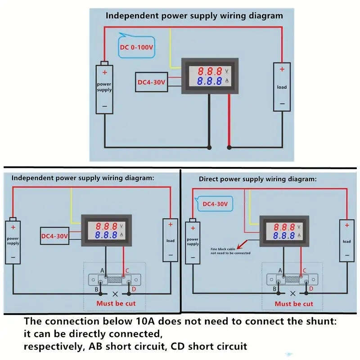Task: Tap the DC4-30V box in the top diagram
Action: pos(152,82)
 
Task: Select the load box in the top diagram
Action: pos(282,87)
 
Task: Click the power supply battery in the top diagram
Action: pos(104,88)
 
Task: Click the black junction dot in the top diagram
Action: pos(209,147)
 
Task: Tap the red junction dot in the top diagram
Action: pos(229,147)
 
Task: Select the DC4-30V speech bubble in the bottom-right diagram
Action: pos(215,204)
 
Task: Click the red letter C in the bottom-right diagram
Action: pos(304,270)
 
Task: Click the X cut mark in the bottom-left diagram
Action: pos(115,293)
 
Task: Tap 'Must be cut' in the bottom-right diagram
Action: pos(294,304)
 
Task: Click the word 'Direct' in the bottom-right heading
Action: pos(209,179)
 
